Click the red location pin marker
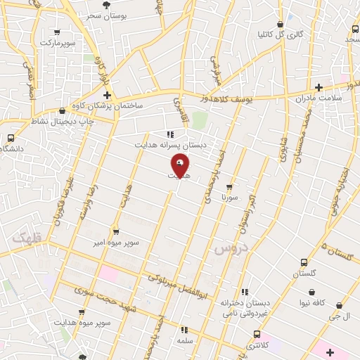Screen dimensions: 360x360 click(x=180, y=166)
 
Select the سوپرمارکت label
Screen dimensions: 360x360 click(x=57, y=43)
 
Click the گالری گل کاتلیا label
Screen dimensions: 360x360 click(x=281, y=34)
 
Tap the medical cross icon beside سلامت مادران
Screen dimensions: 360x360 click(x=319, y=88)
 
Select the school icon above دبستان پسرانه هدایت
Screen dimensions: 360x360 click(x=169, y=134)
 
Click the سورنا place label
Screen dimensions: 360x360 click(x=230, y=198)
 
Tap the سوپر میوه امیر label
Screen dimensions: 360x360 click(x=117, y=242)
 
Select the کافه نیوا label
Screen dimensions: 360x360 click(x=311, y=302)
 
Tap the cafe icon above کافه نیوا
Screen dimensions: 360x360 click(x=311, y=292)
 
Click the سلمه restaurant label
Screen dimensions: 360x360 click(x=185, y=340)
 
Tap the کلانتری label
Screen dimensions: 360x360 click(x=257, y=345)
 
